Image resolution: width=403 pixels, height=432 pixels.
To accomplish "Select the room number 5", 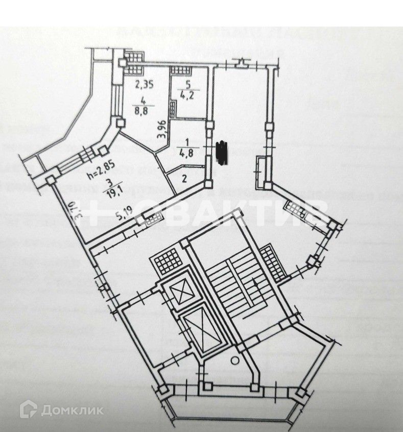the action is click(187, 85).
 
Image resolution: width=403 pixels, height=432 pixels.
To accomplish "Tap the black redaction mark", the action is click(222, 152).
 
